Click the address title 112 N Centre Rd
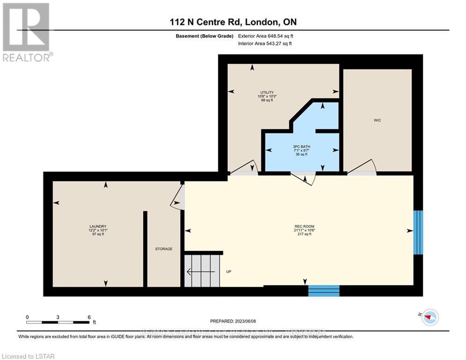point(233,22)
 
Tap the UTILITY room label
point(267,92)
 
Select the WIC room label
point(377,120)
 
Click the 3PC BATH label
point(301,147)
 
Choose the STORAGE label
point(164,249)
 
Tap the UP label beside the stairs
point(229,271)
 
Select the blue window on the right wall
point(418,232)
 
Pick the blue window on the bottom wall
point(324,291)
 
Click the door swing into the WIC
point(363,168)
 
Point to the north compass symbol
point(429,317)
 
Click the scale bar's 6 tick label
point(89,317)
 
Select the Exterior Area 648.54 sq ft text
point(266,36)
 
